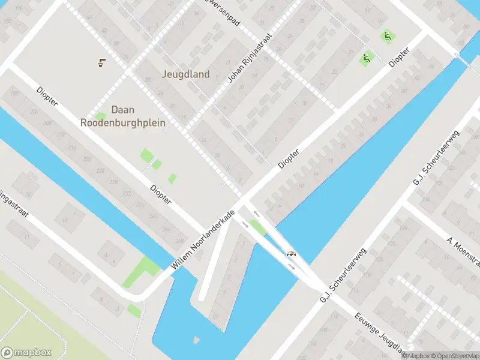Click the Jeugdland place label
[x=185, y=74]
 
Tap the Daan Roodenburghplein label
[x=123, y=116]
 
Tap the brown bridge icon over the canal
[x=292, y=254]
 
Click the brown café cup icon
[x=101, y=62]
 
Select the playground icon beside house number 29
[x=364, y=59]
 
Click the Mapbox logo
[x=26, y=353]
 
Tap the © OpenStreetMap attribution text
[x=454, y=355]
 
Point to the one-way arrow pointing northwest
[x=256, y=214]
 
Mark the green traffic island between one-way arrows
[x=258, y=228]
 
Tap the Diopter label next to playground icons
[x=398, y=58]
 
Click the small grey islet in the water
[x=196, y=340]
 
